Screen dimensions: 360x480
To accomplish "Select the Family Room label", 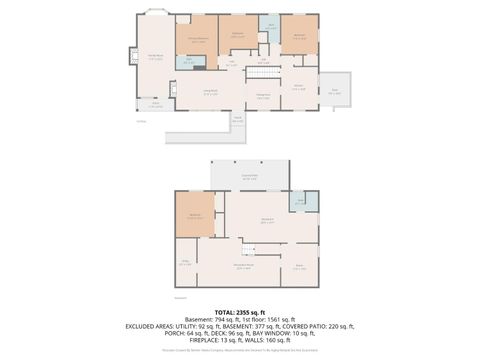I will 155,56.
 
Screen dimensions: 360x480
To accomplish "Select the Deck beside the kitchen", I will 334,91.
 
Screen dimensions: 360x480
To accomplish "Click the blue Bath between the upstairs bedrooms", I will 269,27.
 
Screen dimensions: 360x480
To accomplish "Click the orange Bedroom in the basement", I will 195,215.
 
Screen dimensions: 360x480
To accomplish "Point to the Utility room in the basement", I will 185,264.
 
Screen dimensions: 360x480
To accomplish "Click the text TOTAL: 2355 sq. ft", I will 239,311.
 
